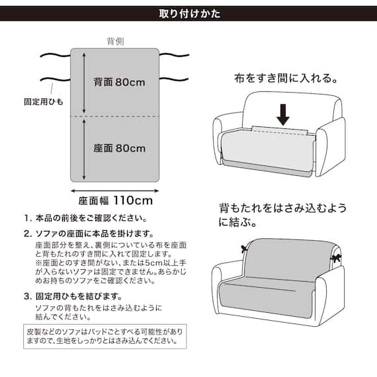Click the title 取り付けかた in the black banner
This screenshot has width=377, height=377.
click(x=188, y=13)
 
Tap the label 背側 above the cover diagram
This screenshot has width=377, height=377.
click(x=116, y=41)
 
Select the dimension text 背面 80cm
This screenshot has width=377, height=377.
click(x=119, y=83)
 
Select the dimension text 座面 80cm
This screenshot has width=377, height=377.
click(x=119, y=148)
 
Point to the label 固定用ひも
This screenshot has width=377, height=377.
click(x=43, y=103)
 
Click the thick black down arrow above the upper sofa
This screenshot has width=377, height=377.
click(x=284, y=113)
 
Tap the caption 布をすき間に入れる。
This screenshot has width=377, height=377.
click(x=285, y=77)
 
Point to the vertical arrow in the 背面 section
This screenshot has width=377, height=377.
click(x=84, y=83)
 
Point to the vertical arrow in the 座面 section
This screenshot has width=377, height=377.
click(x=84, y=149)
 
